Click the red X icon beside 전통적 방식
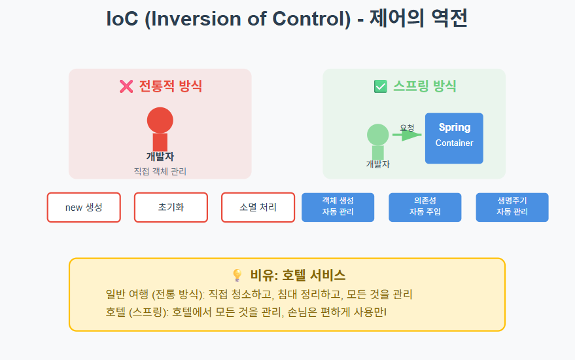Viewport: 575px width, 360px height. [126, 86]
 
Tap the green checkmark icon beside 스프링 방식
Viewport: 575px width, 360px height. [380, 86]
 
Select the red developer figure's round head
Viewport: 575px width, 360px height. [160, 120]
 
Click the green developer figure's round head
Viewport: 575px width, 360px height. [378, 135]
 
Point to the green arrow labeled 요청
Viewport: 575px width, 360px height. [408, 135]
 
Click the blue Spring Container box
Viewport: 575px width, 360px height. [454, 138]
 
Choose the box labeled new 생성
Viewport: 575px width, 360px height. [84, 207]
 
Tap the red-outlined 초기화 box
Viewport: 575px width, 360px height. [171, 207]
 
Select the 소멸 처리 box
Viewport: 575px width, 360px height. [258, 207]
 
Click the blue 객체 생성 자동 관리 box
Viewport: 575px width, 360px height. [338, 207]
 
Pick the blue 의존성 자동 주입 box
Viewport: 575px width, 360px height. [425, 207]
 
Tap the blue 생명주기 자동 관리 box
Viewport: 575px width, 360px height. [512, 207]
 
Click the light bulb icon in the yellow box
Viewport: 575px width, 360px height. [237, 276]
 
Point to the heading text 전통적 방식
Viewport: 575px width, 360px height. [170, 86]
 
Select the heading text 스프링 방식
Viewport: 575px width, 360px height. [424, 86]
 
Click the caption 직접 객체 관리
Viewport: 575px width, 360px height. [160, 171]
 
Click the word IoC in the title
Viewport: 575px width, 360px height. [124, 19]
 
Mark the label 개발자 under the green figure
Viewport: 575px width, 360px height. [378, 164]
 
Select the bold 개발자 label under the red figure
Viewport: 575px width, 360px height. [160, 156]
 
